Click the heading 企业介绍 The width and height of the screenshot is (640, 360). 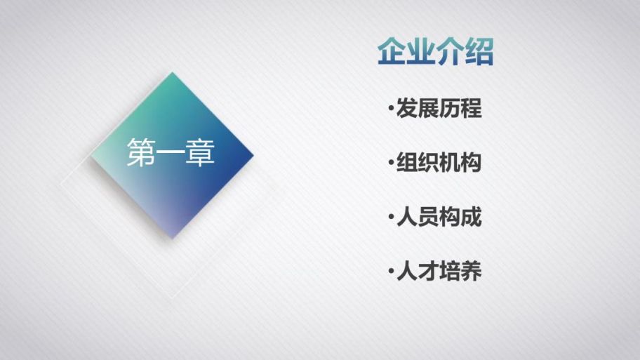click(x=436, y=52)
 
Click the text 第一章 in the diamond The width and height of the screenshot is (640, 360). click(x=171, y=152)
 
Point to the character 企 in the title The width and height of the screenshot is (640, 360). click(x=392, y=52)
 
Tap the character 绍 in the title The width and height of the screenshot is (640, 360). click(x=479, y=52)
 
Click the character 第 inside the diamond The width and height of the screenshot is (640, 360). click(x=141, y=152)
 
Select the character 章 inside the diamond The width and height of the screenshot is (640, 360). click(x=201, y=152)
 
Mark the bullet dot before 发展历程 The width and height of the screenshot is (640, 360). click(x=392, y=109)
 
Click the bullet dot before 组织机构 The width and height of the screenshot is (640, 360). click(x=392, y=162)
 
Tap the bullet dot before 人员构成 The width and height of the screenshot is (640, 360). click(x=392, y=217)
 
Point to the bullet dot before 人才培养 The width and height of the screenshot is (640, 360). click(x=392, y=271)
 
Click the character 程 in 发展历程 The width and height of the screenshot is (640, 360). click(x=472, y=109)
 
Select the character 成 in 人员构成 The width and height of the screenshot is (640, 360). click(x=472, y=217)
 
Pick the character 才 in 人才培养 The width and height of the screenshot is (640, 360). click(x=429, y=271)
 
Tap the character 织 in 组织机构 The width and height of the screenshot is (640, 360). click(x=429, y=162)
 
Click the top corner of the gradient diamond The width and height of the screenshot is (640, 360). click(x=172, y=72)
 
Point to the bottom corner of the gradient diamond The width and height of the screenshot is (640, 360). click(x=172, y=239)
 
